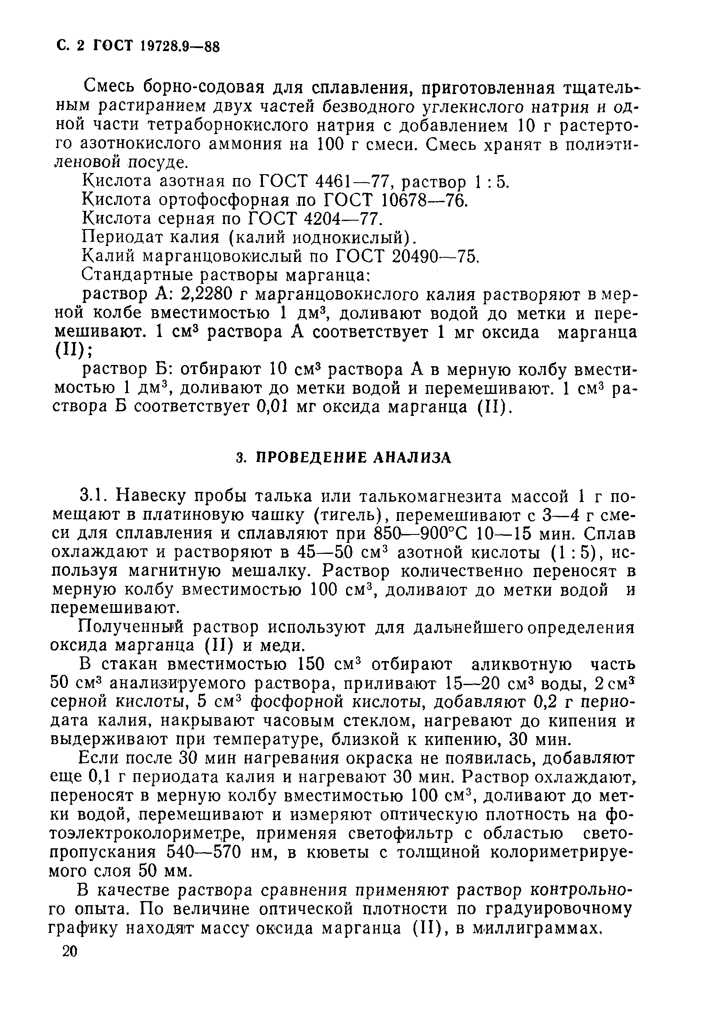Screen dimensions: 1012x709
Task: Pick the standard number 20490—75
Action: (434, 256)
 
